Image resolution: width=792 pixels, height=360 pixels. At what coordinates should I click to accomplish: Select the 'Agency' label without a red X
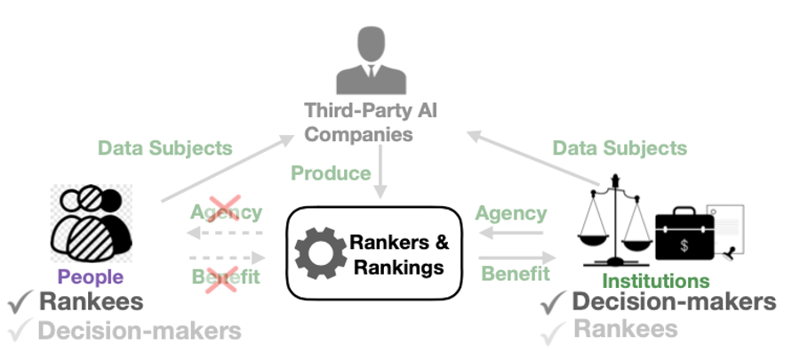click(511, 213)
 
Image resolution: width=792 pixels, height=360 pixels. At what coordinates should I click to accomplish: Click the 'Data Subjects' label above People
click(164, 148)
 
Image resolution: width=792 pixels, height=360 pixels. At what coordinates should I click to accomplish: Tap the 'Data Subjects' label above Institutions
click(620, 148)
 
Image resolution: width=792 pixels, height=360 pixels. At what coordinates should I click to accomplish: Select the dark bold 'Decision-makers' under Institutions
click(674, 302)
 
